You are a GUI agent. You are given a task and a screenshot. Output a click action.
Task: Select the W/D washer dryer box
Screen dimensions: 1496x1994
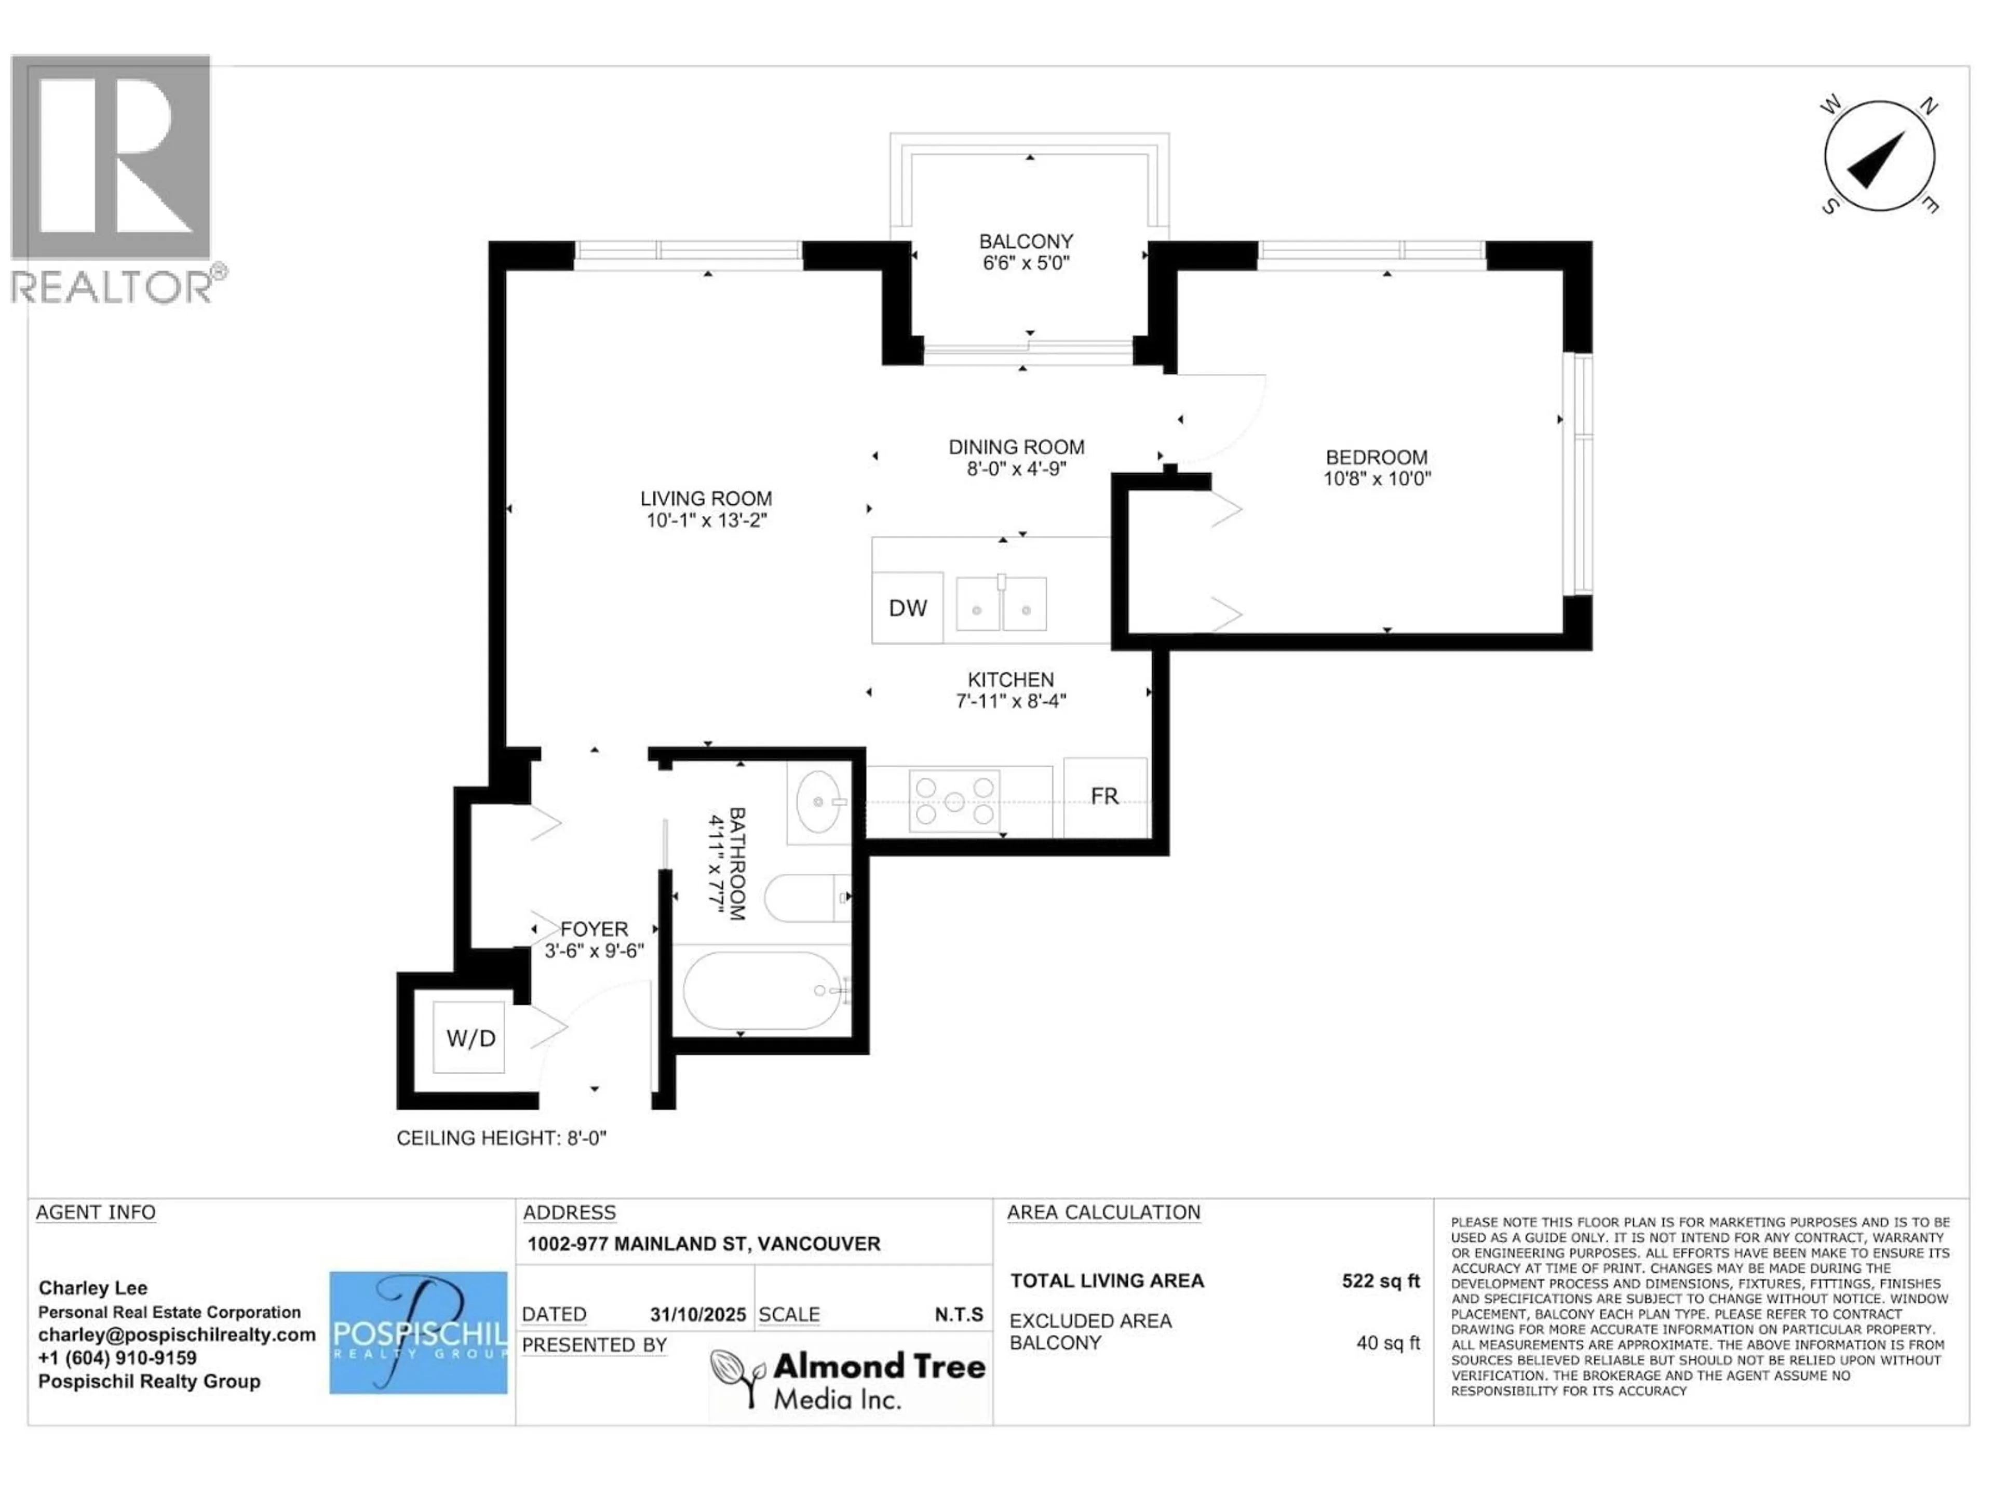[469, 1038]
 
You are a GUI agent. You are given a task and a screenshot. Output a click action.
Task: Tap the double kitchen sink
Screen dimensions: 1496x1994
[1001, 604]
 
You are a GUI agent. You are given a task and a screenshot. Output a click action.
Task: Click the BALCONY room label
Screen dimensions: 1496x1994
[1026, 242]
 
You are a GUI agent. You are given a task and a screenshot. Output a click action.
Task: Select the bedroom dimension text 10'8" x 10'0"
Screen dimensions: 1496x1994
[1377, 479]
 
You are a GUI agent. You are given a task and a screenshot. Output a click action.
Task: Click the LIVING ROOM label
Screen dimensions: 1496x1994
[706, 499]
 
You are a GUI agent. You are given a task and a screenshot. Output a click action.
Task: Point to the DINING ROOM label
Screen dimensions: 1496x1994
[1016, 447]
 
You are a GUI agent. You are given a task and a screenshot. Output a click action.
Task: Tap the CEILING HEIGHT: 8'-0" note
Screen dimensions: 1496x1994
[501, 1138]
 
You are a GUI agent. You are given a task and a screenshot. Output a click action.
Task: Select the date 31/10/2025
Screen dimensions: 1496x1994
[698, 1315]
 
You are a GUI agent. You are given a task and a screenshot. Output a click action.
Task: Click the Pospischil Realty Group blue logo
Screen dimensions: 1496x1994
[418, 1333]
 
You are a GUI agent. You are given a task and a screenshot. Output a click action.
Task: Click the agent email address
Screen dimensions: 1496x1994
[177, 1334]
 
